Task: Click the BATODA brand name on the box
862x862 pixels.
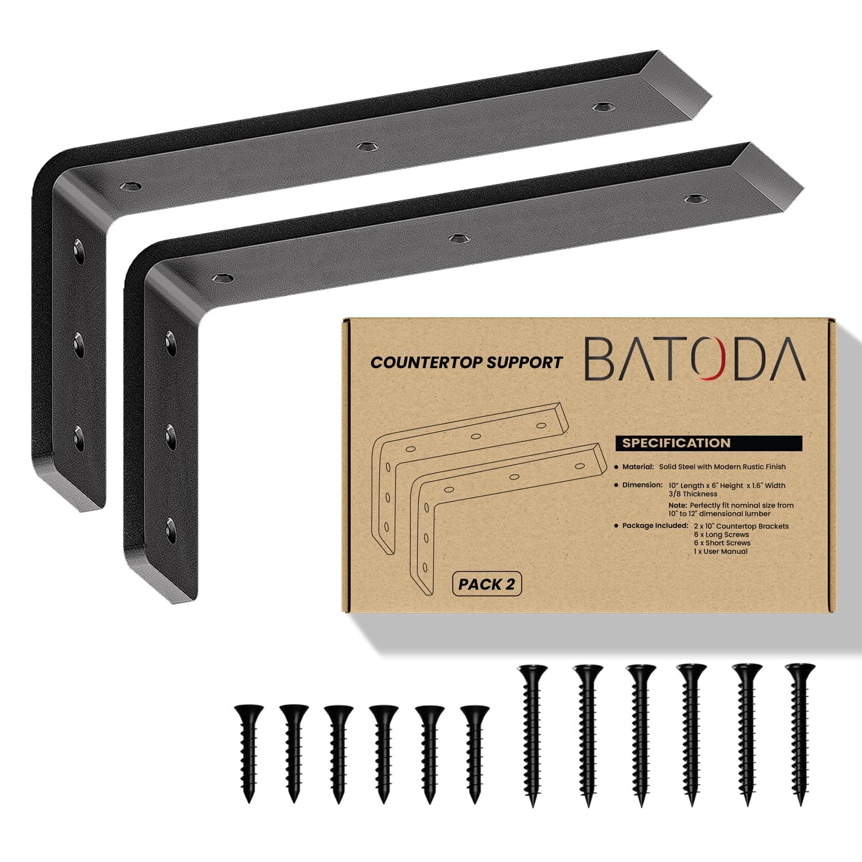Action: pyautogui.click(x=694, y=359)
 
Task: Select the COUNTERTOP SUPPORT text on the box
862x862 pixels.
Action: pyautogui.click(x=466, y=363)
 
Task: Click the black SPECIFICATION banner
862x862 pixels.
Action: pyautogui.click(x=708, y=443)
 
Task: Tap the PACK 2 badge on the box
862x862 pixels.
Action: pyautogui.click(x=487, y=584)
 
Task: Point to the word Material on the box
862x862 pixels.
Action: pyautogui.click(x=638, y=467)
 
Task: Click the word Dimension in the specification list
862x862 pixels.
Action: pyautogui.click(x=642, y=485)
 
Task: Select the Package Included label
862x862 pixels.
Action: pyautogui.click(x=655, y=525)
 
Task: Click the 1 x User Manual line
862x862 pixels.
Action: pyautogui.click(x=721, y=551)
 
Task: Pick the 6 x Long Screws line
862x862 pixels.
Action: pyautogui.click(x=721, y=534)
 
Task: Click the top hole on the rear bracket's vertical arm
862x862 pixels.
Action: pyautogui.click(x=77, y=248)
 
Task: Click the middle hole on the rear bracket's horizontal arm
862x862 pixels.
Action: pyautogui.click(x=363, y=146)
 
